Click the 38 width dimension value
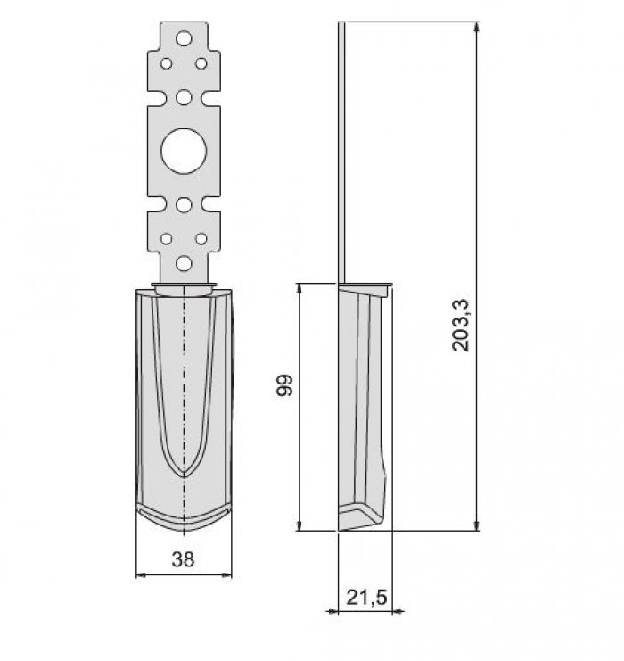[184, 559]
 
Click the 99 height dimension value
[284, 384]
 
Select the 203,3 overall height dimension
[460, 325]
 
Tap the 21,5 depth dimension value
[366, 598]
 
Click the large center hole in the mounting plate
[184, 152]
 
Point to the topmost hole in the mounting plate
[184, 38]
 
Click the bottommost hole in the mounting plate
[184, 263]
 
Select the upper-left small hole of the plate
[167, 63]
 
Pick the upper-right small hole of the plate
[201, 63]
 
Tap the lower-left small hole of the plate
[167, 239]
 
